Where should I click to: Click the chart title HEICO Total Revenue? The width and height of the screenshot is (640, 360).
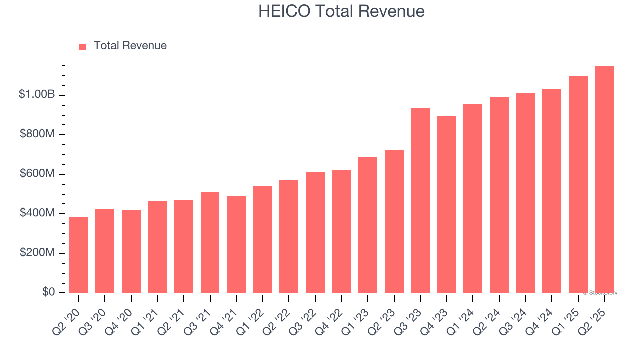(341, 11)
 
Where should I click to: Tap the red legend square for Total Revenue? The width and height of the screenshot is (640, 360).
(83, 46)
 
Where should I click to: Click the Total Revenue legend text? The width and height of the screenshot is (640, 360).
(130, 46)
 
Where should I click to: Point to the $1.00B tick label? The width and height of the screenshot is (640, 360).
(36, 94)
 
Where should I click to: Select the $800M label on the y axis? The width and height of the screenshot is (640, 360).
(37, 134)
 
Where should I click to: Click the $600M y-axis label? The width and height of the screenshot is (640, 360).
(37, 174)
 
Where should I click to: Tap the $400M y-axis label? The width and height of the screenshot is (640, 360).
(37, 213)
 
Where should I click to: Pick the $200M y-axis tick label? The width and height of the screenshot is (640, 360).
(37, 253)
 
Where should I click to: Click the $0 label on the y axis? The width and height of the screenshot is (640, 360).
(48, 292)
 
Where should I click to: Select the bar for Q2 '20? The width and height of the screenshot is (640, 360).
(79, 255)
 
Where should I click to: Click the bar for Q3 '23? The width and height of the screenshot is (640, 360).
(420, 200)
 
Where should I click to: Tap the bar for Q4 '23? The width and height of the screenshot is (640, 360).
(446, 204)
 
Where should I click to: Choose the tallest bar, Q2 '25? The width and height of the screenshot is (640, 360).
(604, 180)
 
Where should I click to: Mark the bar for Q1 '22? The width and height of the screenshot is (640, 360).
(262, 240)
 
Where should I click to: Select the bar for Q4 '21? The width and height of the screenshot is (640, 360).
(236, 245)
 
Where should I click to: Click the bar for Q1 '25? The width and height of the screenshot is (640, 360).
(578, 184)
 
